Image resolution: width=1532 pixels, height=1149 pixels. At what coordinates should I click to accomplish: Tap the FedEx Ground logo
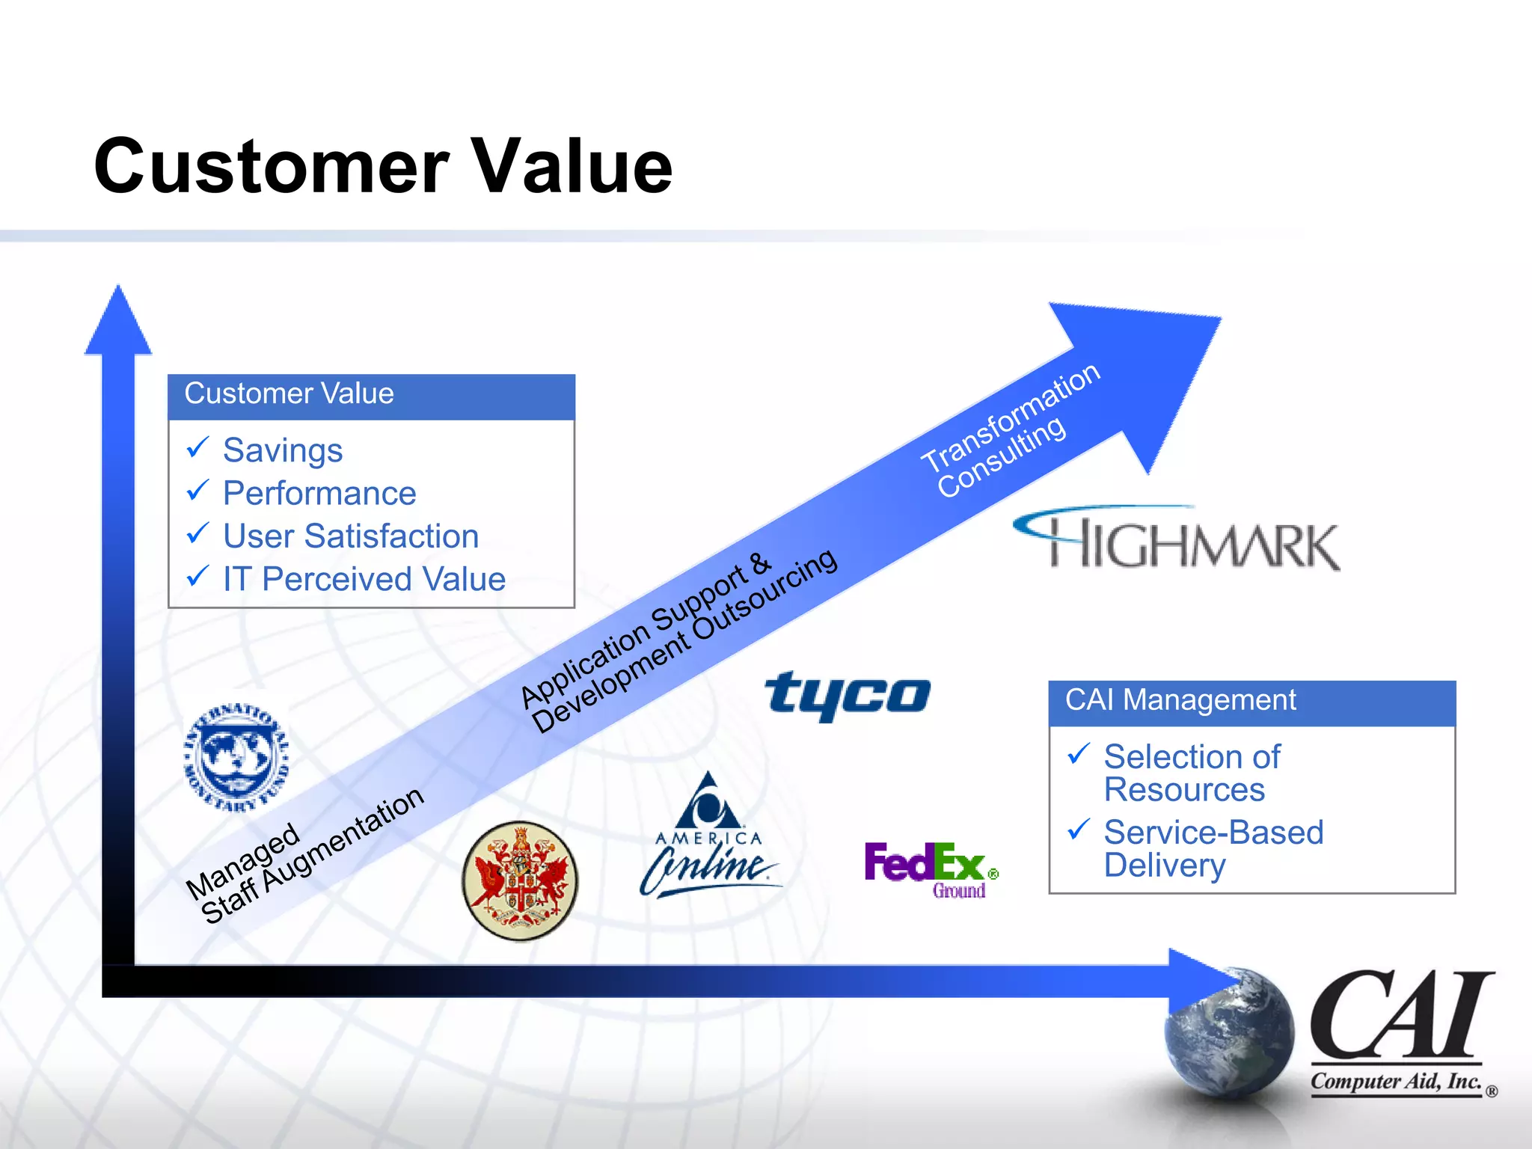(930, 868)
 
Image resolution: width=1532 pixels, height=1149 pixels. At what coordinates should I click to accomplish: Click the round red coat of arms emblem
(520, 880)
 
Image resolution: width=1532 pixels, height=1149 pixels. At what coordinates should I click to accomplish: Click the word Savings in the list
(283, 450)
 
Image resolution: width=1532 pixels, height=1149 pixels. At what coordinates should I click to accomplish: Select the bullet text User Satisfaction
(350, 536)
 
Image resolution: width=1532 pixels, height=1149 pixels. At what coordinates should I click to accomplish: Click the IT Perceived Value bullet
(364, 579)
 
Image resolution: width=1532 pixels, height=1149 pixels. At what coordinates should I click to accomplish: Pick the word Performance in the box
(319, 494)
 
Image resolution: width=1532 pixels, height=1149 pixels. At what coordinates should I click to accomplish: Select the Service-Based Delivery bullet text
(1213, 848)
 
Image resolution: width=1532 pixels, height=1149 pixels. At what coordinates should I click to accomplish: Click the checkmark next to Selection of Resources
(1079, 754)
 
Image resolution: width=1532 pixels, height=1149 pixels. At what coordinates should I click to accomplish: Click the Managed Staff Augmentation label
(303, 856)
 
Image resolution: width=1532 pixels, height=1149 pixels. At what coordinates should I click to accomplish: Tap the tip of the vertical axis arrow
(118, 293)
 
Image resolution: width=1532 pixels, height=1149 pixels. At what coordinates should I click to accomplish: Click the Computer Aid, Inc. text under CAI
(1395, 1082)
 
